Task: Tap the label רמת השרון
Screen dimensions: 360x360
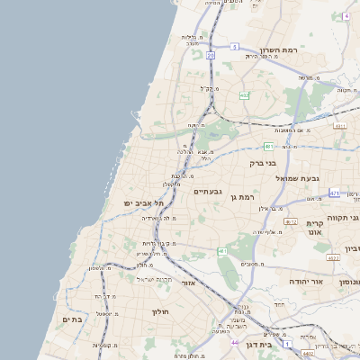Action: pyautogui.click(x=278, y=50)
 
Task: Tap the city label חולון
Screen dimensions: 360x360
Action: pyautogui.click(x=161, y=311)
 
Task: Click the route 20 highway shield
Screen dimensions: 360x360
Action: pyautogui.click(x=211, y=56)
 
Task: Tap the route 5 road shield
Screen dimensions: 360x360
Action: pyautogui.click(x=235, y=46)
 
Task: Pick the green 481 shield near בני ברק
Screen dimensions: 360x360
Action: pyautogui.click(x=268, y=145)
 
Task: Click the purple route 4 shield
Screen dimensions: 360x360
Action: pyautogui.click(x=346, y=16)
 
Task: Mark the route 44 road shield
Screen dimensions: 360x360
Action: pyautogui.click(x=235, y=342)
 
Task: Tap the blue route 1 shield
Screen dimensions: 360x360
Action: pyautogui.click(x=287, y=344)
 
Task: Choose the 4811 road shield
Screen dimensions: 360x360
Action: pyautogui.click(x=339, y=126)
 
